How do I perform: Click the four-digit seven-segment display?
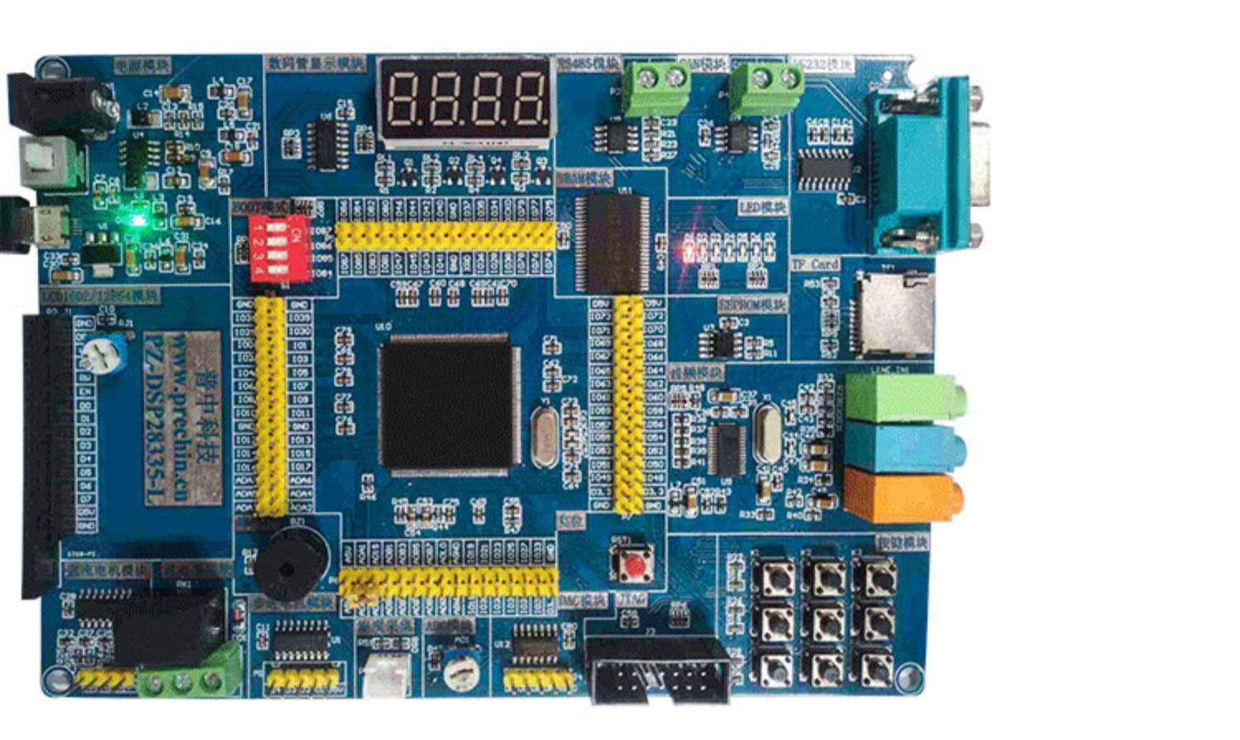pos(465,100)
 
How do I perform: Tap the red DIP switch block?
pos(279,248)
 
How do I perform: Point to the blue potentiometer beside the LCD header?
pos(103,354)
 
